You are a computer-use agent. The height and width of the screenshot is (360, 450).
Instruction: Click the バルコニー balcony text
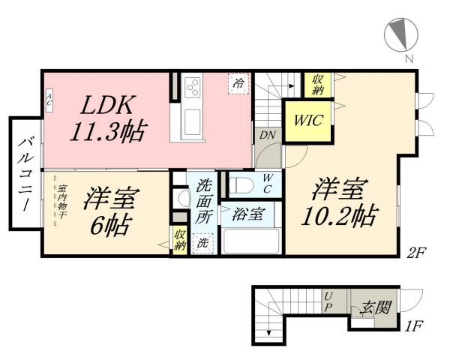coord(25,174)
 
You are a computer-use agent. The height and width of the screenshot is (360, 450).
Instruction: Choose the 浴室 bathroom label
coord(248,214)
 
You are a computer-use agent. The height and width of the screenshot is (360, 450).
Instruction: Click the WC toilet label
coord(267,183)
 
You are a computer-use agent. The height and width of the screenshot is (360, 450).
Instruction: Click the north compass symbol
coord(400,34)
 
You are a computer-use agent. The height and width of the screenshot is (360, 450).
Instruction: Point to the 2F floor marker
coord(417,252)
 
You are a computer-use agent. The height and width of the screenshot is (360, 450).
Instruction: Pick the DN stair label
coord(266,135)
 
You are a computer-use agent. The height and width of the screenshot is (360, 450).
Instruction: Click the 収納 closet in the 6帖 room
coord(180,240)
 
